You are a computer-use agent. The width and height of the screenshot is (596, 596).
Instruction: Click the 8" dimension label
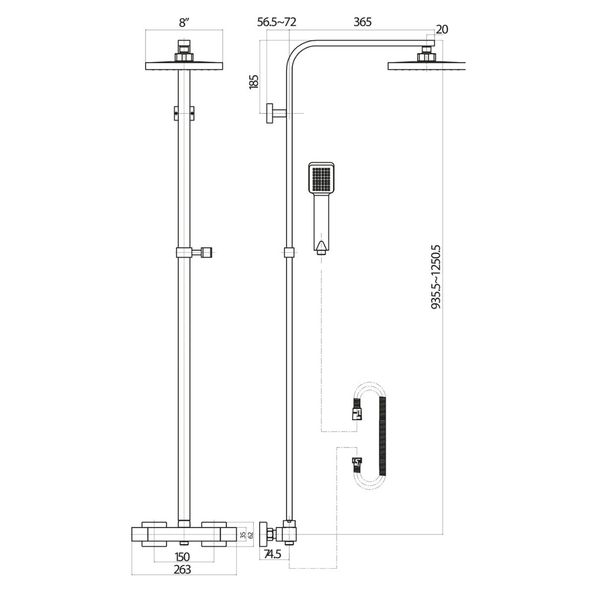point(185,23)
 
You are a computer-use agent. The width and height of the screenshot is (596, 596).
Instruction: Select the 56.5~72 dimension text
point(277,22)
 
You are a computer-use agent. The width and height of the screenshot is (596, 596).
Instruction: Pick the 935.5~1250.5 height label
point(437,276)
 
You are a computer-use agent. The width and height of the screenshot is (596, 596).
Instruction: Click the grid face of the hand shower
point(322,179)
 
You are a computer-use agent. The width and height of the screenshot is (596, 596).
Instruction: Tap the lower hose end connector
point(356,463)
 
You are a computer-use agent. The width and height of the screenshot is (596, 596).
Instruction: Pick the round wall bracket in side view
point(271,114)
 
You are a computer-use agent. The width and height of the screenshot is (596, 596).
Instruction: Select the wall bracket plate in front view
point(184,113)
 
